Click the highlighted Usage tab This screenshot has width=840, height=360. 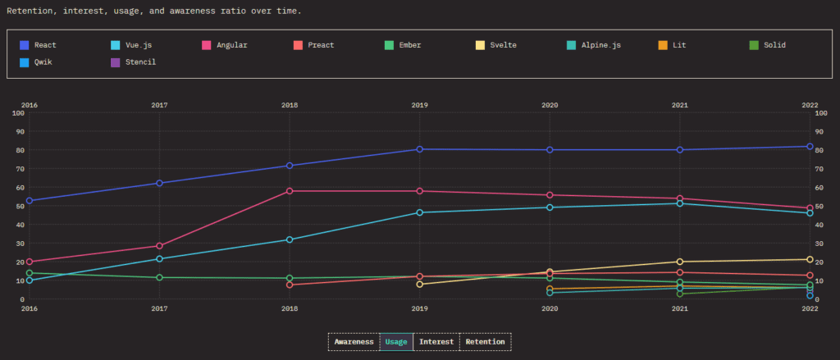[x=396, y=341]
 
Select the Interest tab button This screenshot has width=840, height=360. [x=436, y=341]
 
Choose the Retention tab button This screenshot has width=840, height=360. [x=485, y=341]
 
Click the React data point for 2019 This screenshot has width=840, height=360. [x=419, y=149]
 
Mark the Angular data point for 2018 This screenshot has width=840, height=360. [x=290, y=191]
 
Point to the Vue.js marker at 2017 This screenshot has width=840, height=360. [x=159, y=259]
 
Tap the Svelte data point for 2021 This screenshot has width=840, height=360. [x=680, y=262]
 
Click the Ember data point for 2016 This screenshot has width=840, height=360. [x=30, y=273]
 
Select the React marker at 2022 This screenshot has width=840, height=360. [x=810, y=147]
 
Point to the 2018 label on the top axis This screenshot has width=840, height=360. [x=290, y=105]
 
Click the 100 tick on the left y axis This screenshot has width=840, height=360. [x=19, y=112]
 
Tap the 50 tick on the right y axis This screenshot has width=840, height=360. [x=819, y=206]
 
